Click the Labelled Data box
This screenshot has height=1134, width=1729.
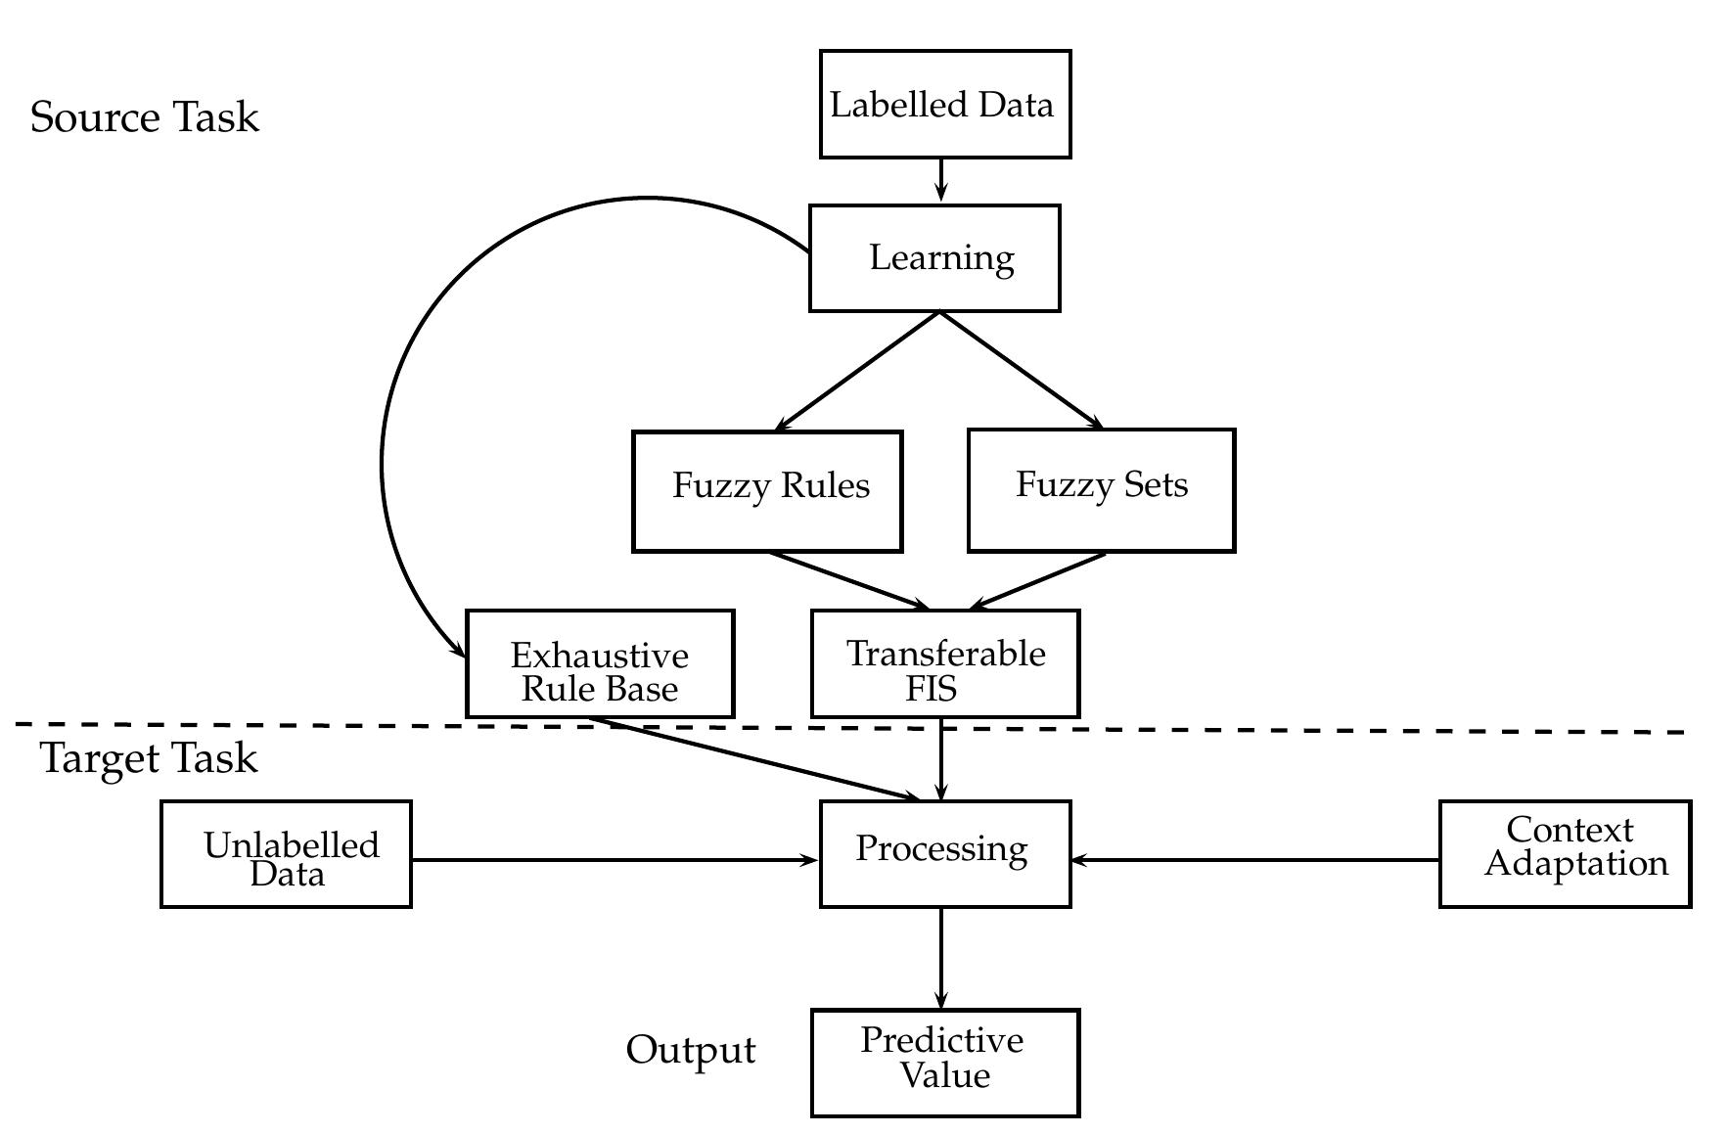944,105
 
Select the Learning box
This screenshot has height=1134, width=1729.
934,258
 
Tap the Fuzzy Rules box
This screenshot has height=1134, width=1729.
767,491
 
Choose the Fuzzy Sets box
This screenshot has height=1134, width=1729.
1101,490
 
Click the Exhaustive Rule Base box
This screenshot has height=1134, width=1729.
600,664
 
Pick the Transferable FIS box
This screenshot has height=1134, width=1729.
945,664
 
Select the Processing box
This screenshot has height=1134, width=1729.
944,854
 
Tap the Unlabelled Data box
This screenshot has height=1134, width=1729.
286,854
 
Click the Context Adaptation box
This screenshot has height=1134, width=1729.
1565,854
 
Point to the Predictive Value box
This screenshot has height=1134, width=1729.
944,1063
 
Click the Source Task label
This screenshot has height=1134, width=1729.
145,117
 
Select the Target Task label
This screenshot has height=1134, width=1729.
149,759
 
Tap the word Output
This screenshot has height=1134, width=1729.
691,1050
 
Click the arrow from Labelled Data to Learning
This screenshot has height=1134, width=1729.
941,179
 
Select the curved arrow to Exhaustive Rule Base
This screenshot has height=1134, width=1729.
385,440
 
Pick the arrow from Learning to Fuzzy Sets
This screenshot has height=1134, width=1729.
1021,370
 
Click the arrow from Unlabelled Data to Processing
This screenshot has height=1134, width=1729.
614,861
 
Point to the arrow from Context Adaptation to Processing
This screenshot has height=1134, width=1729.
1254,861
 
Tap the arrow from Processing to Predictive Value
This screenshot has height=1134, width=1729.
941,957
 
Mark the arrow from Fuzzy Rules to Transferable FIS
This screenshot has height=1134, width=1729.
847,580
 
